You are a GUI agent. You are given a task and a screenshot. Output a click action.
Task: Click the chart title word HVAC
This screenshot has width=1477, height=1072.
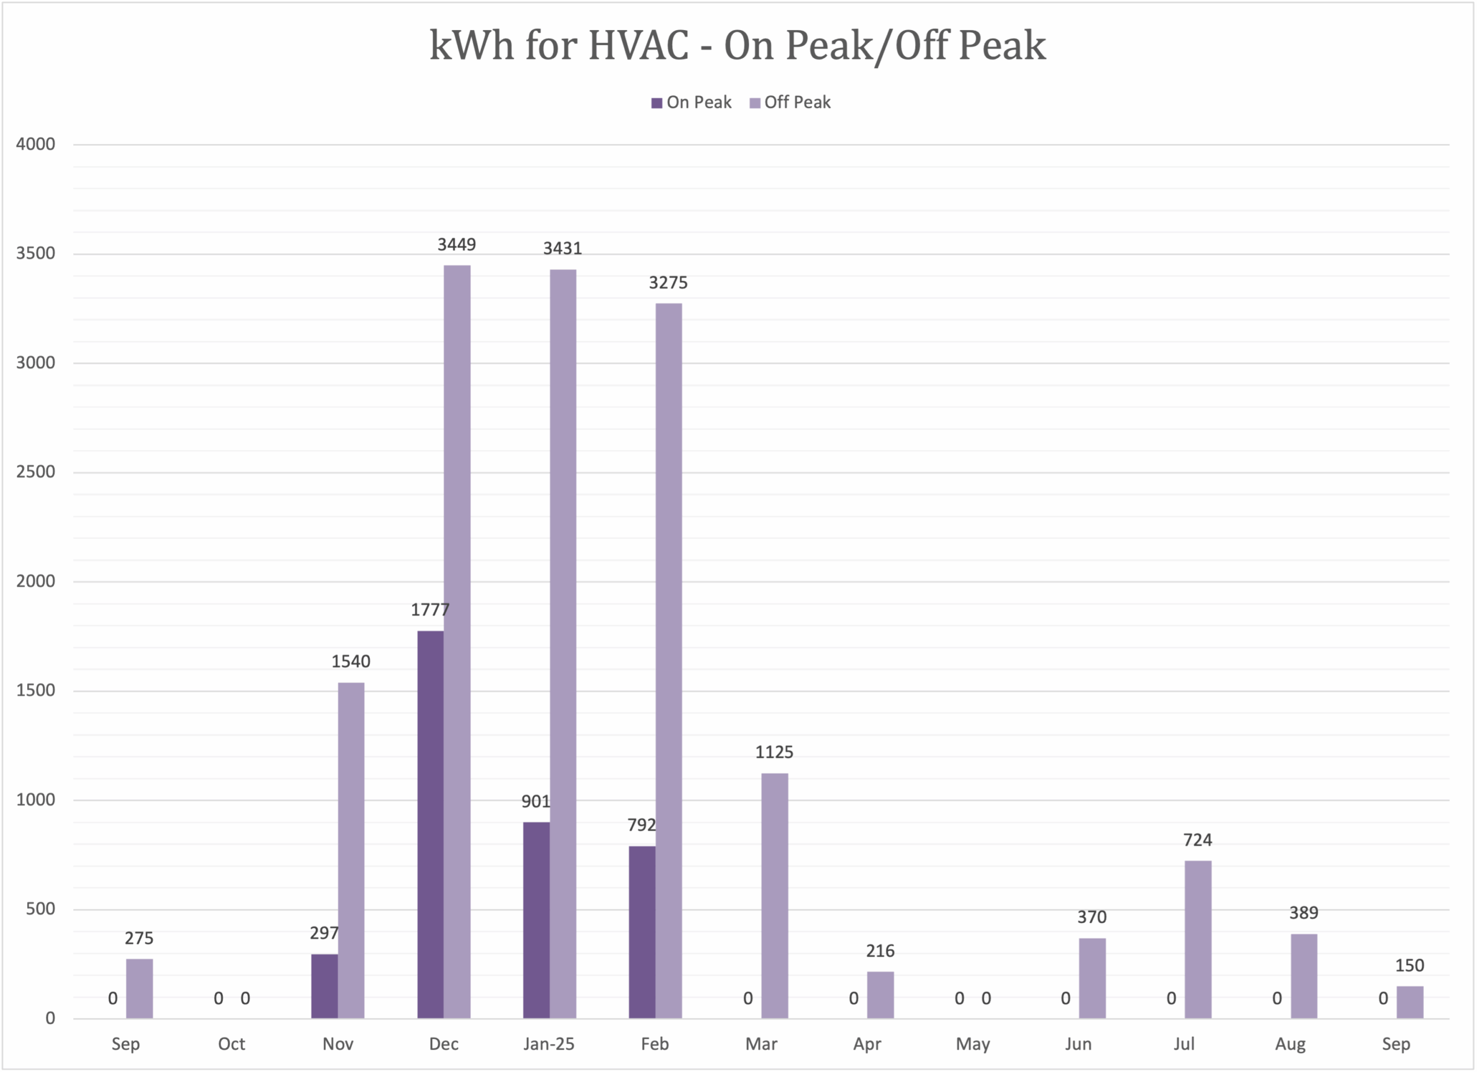tap(638, 46)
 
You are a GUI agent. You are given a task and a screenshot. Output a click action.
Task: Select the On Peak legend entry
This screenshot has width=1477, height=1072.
tap(691, 103)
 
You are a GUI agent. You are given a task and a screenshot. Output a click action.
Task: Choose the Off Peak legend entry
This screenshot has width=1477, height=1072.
tap(790, 103)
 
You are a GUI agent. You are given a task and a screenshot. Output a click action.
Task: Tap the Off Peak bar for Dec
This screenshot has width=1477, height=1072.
tap(457, 642)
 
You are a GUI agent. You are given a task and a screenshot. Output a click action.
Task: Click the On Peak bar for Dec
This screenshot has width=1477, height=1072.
tap(430, 824)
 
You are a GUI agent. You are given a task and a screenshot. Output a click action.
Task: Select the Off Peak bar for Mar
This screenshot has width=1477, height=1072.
tap(774, 895)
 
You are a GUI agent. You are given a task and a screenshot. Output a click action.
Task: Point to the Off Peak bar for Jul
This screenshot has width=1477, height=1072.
tap(1198, 939)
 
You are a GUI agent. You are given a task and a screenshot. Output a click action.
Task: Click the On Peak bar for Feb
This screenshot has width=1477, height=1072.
tap(642, 931)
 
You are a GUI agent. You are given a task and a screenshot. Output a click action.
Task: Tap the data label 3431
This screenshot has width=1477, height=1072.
tap(563, 249)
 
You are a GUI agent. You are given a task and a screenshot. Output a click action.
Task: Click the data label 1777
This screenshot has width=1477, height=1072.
tap(430, 610)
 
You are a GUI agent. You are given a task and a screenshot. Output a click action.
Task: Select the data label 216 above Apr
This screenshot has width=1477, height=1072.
tap(880, 951)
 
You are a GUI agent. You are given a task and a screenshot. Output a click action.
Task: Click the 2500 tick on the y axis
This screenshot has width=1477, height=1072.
tap(36, 472)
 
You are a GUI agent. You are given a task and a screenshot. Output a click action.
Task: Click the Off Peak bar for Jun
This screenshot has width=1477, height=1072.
tap(1092, 978)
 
